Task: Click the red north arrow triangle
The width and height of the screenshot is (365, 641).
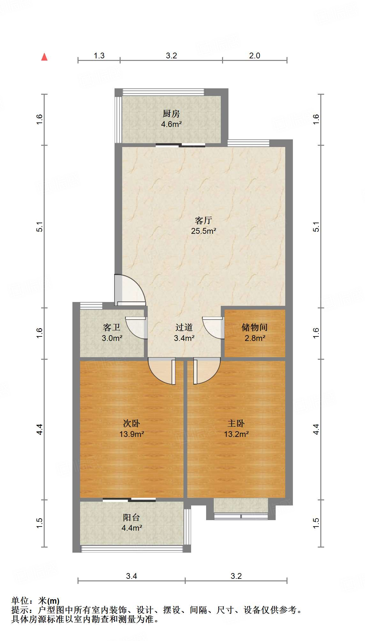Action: pyautogui.click(x=44, y=57)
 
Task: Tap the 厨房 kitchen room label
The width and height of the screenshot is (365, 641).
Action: pyautogui.click(x=171, y=114)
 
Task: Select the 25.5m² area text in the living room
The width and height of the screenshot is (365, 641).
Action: pyautogui.click(x=204, y=231)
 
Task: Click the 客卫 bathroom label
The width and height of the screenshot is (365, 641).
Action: pyautogui.click(x=112, y=327)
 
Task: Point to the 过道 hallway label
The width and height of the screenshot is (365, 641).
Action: pyautogui.click(x=184, y=327)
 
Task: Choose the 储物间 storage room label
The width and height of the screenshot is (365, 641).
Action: pyautogui.click(x=255, y=327)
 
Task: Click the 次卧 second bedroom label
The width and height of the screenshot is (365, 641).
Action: pyautogui.click(x=131, y=424)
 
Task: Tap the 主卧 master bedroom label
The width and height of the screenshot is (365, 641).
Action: pyautogui.click(x=236, y=424)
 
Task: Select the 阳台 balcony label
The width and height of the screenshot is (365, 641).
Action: pyautogui.click(x=131, y=518)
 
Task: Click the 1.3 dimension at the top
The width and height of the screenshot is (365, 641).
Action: pyautogui.click(x=99, y=56)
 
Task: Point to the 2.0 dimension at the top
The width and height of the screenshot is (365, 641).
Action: pyautogui.click(x=255, y=56)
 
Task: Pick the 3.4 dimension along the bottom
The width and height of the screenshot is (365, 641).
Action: pyautogui.click(x=131, y=576)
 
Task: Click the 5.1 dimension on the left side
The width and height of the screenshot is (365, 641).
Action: pyautogui.click(x=39, y=226)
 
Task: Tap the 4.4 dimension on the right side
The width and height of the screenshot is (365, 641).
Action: pyautogui.click(x=316, y=429)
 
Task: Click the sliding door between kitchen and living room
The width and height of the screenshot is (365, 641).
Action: pyautogui.click(x=181, y=145)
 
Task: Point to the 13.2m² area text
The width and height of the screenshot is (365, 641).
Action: pyautogui.click(x=236, y=434)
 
